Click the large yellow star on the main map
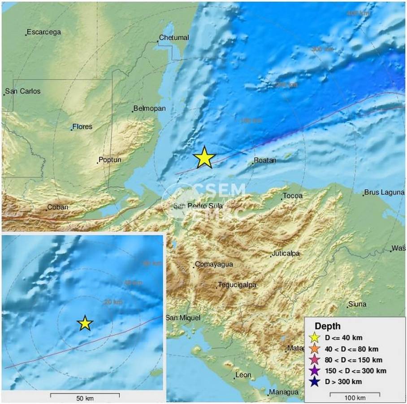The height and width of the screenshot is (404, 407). tap(204, 158)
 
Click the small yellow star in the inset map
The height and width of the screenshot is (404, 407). tap(85, 323)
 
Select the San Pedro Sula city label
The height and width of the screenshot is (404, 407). tap(198, 206)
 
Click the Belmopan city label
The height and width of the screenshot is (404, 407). tap(150, 109)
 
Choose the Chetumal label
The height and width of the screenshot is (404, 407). tap(174, 38)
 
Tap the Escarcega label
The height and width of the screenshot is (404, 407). tap(43, 32)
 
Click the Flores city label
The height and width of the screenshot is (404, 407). tap(82, 127)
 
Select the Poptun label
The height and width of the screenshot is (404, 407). tap(110, 160)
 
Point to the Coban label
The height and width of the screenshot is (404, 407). tap(58, 207)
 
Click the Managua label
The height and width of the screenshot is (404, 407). tap(284, 392)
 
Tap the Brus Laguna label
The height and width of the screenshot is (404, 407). tap(385, 192)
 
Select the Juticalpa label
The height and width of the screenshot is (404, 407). tap(286, 254)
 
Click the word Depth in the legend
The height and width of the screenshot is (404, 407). tap(328, 326)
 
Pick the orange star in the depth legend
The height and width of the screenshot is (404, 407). tap(315, 349)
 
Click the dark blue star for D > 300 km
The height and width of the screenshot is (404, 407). tap(315, 382)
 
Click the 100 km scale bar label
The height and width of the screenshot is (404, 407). tap(355, 398)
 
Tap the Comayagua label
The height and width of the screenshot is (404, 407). tap(214, 264)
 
